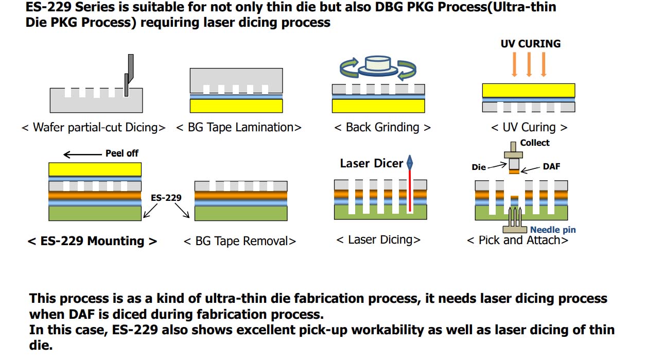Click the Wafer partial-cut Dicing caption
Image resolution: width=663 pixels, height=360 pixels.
[94, 127]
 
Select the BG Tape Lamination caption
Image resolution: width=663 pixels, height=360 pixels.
[239, 127]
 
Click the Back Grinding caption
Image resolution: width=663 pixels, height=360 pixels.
[382, 127]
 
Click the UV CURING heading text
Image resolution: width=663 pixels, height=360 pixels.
[531, 44]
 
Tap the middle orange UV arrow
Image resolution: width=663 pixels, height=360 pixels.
[529, 64]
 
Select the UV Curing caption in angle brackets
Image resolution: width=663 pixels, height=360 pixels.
[529, 127]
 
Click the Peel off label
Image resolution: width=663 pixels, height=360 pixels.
[122, 153]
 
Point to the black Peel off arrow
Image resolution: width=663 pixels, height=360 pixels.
[82, 153]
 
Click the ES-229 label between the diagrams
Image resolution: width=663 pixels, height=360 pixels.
[166, 197]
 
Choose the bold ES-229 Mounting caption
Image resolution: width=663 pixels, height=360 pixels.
[92, 241]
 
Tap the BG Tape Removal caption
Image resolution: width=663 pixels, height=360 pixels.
[240, 241]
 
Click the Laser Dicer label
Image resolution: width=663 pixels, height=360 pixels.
[372, 164]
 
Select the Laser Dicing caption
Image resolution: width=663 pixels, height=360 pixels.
[378, 240]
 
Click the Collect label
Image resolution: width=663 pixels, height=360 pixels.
[535, 143]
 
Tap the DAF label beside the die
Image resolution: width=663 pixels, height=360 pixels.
[551, 167]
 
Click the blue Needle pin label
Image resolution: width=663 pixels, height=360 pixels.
[553, 230]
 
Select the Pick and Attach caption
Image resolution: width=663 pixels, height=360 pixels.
[517, 241]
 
